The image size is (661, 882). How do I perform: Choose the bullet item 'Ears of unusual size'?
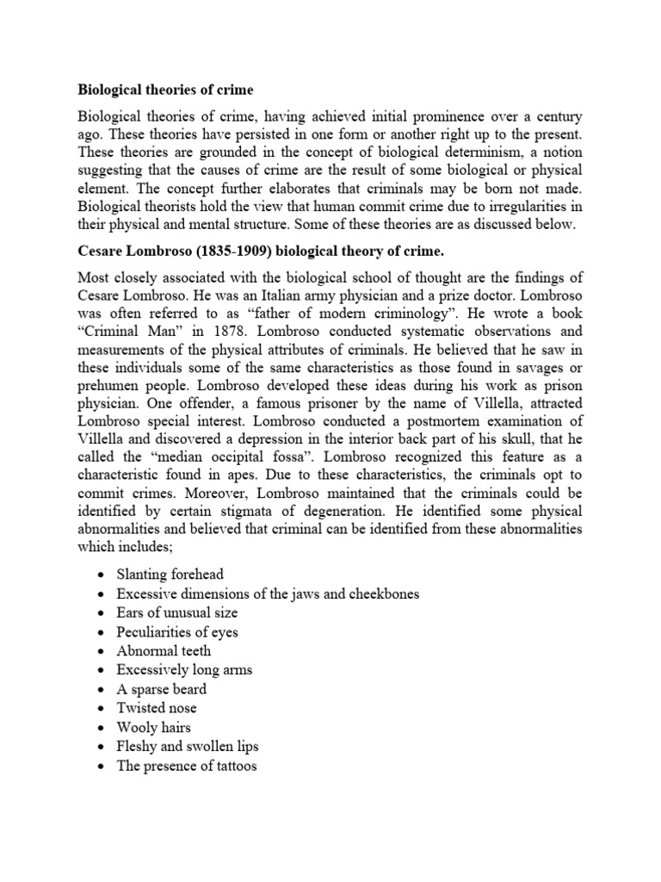tap(177, 612)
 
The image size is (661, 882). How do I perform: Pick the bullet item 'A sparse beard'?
tap(162, 688)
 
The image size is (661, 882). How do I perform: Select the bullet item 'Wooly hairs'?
tap(153, 727)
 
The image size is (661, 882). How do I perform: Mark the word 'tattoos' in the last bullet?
tap(232, 765)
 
